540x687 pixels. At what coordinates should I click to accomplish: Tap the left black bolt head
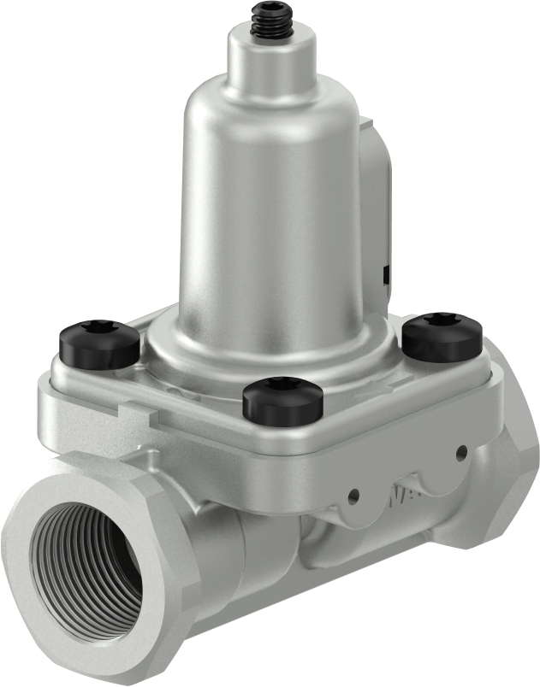click(x=99, y=343)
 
